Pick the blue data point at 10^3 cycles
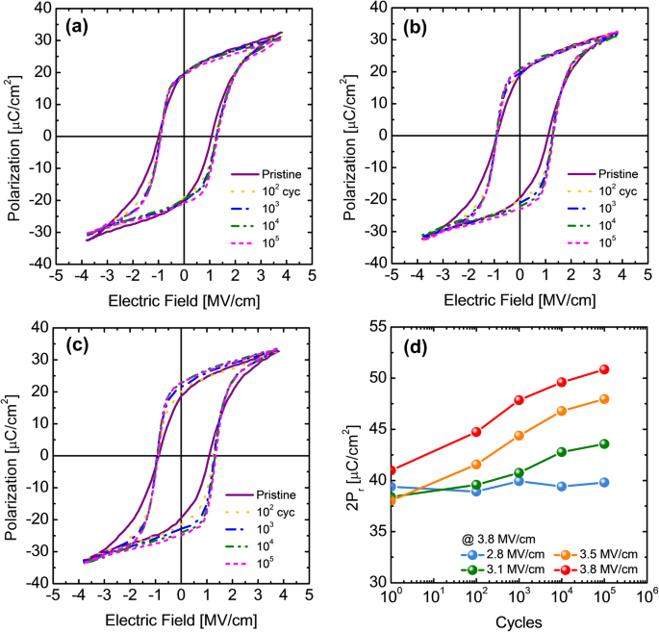tap(519, 481)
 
